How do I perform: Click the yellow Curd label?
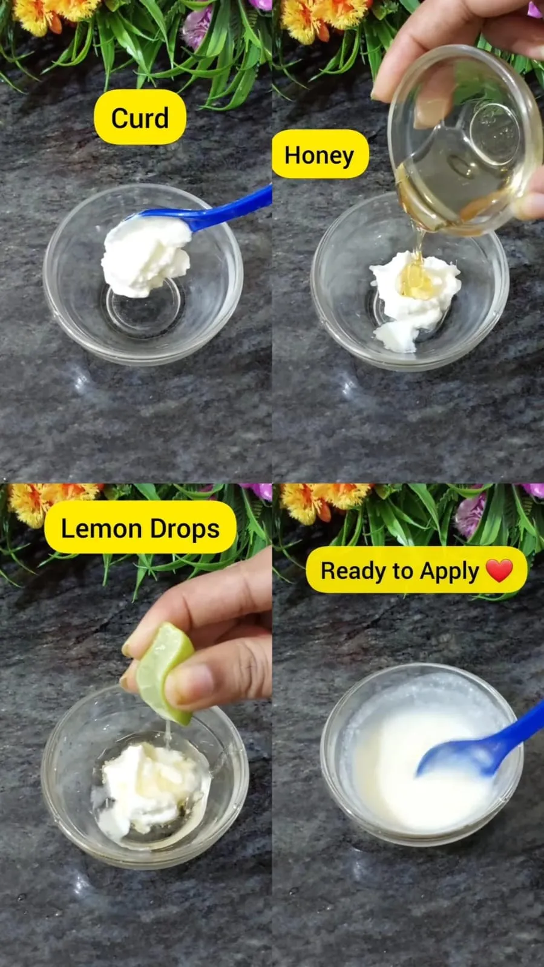pyautogui.click(x=140, y=118)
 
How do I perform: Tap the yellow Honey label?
pyautogui.click(x=320, y=155)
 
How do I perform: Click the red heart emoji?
pyautogui.click(x=499, y=570)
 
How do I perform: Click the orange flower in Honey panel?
pyautogui.click(x=315, y=15)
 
